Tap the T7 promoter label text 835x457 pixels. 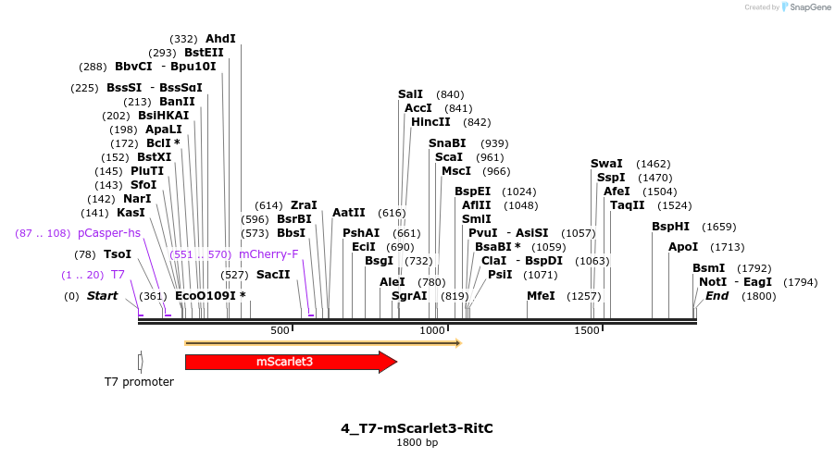coord(139,381)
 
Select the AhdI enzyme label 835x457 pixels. coord(220,39)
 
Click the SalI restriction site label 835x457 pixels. coord(410,94)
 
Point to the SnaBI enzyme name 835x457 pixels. coord(447,143)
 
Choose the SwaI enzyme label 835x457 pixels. coord(606,164)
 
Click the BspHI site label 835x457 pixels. coord(670,227)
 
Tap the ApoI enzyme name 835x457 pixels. coord(683,247)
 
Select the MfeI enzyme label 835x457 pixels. coord(541,296)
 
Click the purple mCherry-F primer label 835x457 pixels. coord(268,254)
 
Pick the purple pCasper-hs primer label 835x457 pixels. coord(109,233)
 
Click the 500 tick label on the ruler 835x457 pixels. coord(280,331)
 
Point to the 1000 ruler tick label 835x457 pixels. coord(433,331)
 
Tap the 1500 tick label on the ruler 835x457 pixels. coord(587,331)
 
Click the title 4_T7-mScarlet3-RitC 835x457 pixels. coord(417,428)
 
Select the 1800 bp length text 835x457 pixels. coord(417,443)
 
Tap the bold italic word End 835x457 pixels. coord(717,296)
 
